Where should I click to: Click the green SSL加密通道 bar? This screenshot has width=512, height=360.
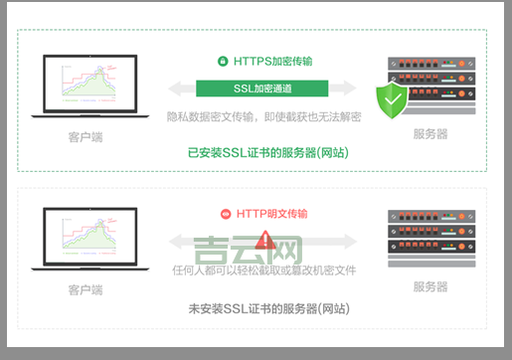(x=263, y=88)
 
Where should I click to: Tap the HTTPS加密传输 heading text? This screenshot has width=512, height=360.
(x=272, y=61)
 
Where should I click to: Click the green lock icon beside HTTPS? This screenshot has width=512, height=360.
(x=224, y=61)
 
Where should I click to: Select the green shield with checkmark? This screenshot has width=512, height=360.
(x=392, y=100)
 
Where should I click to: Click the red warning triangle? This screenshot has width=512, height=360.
(x=264, y=240)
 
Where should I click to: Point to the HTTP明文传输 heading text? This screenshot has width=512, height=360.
(x=271, y=213)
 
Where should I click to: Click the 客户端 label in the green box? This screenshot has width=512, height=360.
(x=86, y=134)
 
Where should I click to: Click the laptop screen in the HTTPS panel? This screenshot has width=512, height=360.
(x=87, y=83)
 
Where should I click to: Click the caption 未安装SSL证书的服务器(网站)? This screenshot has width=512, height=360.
(x=267, y=309)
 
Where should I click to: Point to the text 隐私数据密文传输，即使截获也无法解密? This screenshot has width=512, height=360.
(x=263, y=116)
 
